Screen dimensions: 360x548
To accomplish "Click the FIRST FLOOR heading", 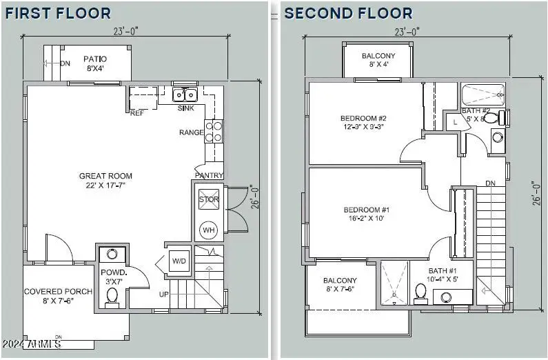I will [x=57, y=13].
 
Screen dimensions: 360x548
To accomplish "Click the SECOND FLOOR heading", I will [x=348, y=13].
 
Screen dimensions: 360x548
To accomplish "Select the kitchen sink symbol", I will [x=185, y=94].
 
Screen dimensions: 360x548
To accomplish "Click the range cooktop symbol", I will [x=214, y=131].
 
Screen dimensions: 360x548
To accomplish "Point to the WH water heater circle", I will [x=208, y=230].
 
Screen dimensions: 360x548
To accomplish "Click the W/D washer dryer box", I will [x=178, y=261].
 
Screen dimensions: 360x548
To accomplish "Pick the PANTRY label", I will [x=210, y=176].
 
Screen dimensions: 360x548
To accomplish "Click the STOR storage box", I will [x=208, y=199].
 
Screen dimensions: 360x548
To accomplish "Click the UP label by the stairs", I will [x=164, y=294].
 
